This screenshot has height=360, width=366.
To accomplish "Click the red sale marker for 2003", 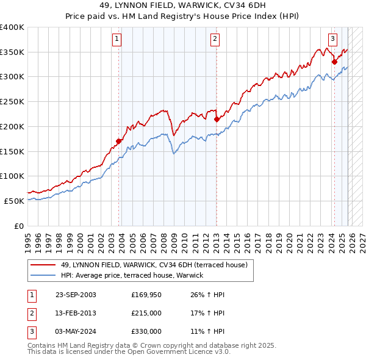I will tap(118, 141).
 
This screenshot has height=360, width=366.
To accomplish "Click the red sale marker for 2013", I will tap(217, 119).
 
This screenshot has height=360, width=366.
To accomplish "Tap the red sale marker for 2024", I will tap(334, 62).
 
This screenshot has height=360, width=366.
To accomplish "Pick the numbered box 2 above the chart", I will tap(216, 39).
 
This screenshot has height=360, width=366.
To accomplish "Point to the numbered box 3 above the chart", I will tap(332, 39).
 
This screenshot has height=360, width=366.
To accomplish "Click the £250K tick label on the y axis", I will tap(12, 102).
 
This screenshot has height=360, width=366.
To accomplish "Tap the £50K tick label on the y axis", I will tap(15, 201).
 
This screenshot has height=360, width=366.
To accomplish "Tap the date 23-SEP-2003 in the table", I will tap(76, 295).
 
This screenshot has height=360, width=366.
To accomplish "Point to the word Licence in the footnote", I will tap(183, 351).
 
